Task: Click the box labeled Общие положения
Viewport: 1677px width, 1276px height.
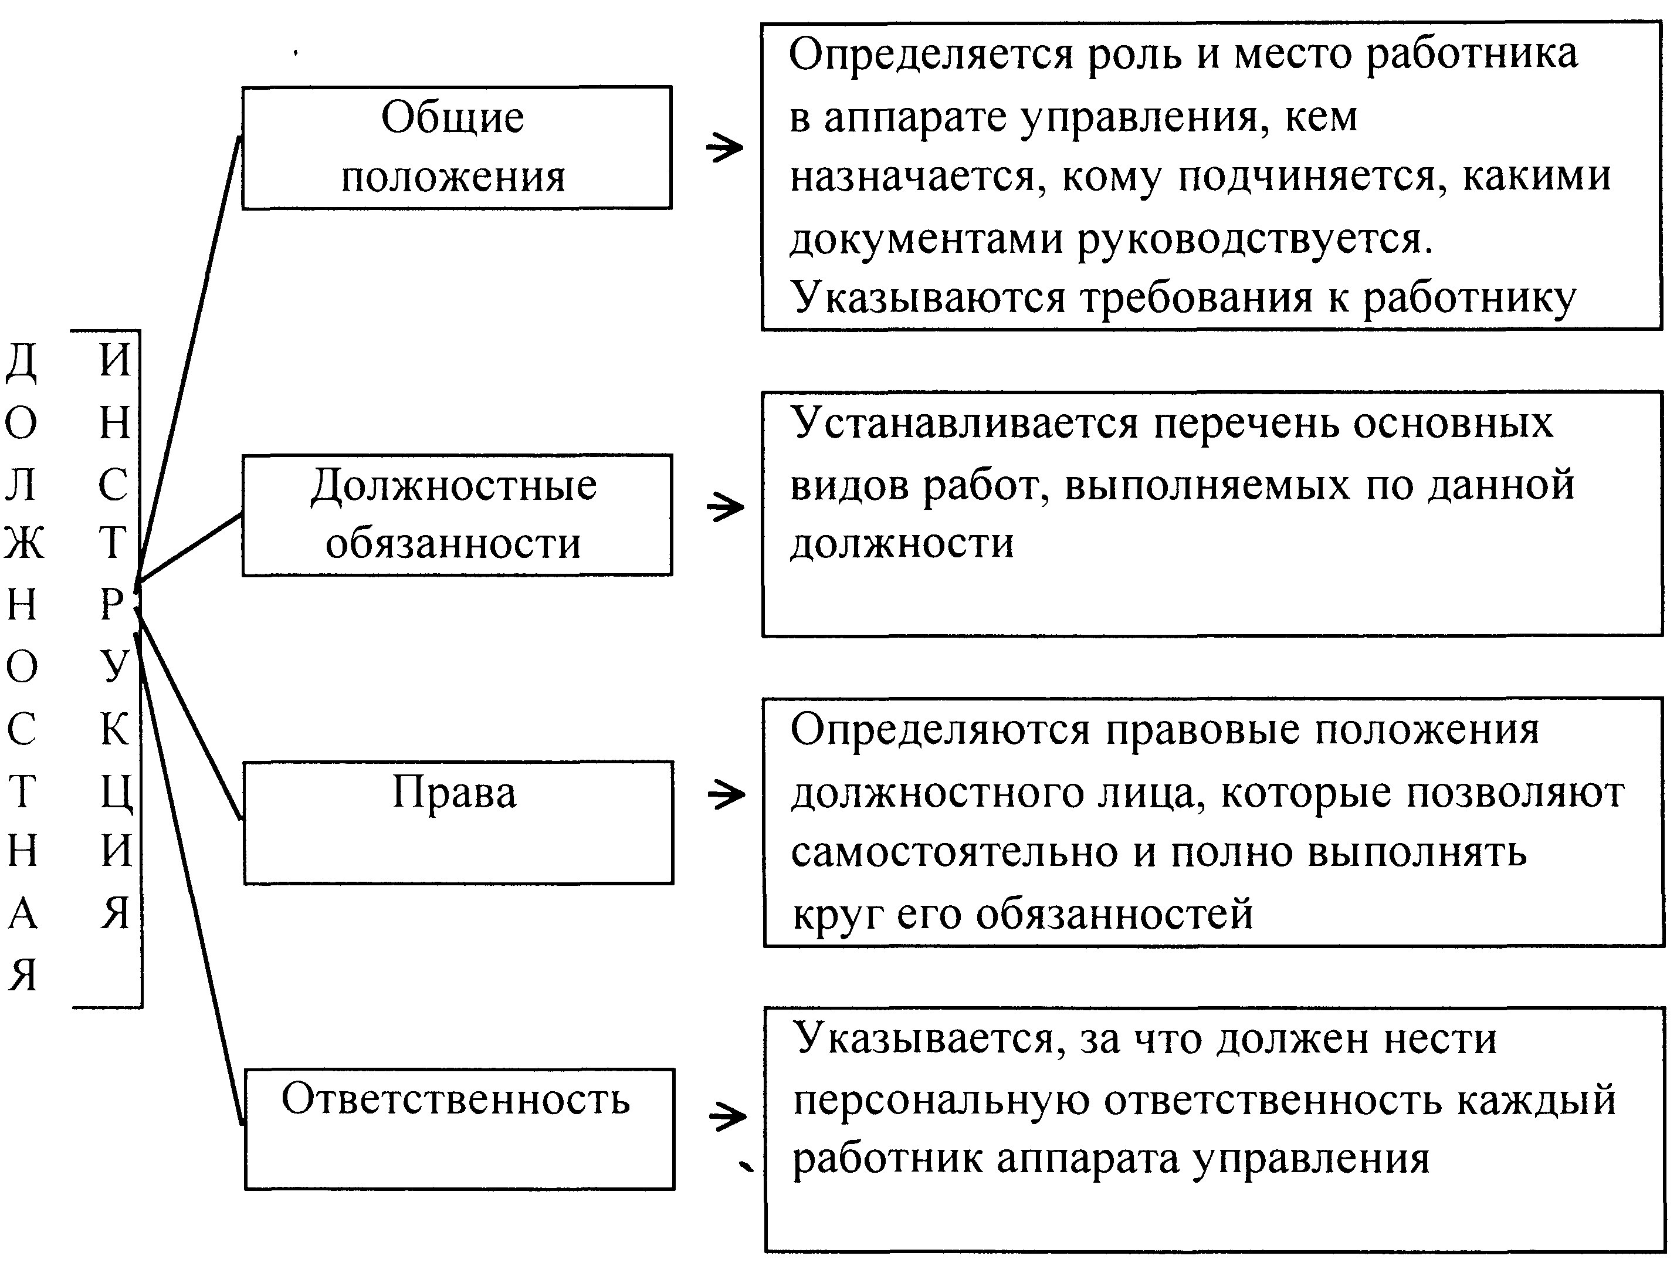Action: pyautogui.click(x=456, y=147)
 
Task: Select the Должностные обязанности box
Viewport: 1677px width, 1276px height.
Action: pyautogui.click(x=456, y=515)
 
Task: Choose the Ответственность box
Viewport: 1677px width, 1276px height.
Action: pyautogui.click(x=459, y=1129)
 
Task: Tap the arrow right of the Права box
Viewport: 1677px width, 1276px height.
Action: pyautogui.click(x=726, y=795)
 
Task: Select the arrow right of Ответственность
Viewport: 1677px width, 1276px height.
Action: pyautogui.click(x=726, y=1117)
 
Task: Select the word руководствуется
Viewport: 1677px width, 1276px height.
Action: pyautogui.click(x=1253, y=240)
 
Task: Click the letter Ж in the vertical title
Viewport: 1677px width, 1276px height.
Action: pyautogui.click(x=23, y=544)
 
